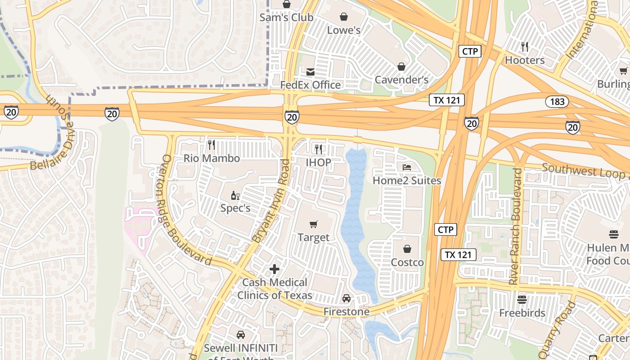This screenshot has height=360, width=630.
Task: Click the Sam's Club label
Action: [287, 18]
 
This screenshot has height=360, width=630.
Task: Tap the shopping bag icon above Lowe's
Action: [344, 17]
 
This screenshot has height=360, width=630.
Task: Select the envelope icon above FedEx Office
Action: [310, 72]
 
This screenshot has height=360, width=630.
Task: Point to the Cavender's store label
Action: [401, 80]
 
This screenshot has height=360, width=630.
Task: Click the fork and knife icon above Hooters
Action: [525, 46]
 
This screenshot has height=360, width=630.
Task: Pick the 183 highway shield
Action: [557, 101]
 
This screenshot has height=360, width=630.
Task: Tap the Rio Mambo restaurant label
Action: [211, 158]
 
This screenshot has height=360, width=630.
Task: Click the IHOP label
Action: [319, 162]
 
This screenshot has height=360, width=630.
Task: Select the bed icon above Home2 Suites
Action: [407, 167]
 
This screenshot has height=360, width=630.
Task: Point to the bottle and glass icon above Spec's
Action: [235, 195]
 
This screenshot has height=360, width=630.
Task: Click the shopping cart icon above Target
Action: [314, 224]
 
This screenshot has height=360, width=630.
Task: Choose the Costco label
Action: [407, 262]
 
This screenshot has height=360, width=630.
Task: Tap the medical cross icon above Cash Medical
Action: [274, 269]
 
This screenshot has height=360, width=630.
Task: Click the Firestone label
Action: [346, 311]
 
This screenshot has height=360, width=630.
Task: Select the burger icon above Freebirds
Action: [522, 299]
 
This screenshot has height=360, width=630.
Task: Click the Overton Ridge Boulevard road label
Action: [186, 211]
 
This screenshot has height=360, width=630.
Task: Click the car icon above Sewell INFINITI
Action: [241, 335]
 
